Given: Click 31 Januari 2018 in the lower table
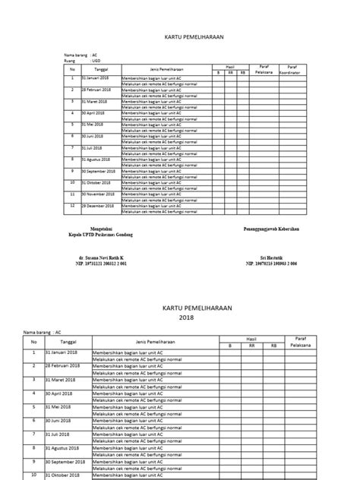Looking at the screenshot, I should pos(62,354).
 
